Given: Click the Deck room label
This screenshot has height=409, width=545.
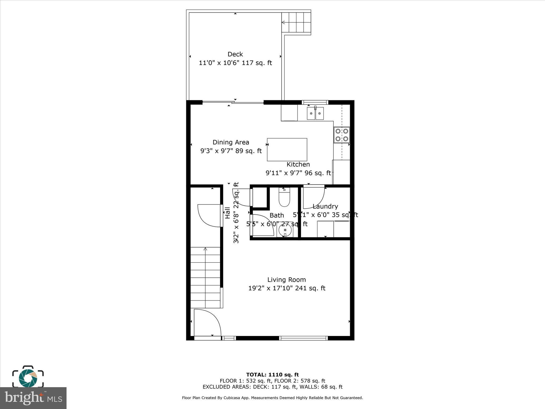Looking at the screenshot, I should [x=235, y=54].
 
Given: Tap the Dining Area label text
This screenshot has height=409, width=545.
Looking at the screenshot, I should [x=231, y=142].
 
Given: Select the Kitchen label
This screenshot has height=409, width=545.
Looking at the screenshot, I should [x=298, y=165].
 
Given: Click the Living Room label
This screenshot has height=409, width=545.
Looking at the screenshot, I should [x=287, y=280].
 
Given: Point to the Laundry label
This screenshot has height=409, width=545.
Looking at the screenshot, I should [x=325, y=206].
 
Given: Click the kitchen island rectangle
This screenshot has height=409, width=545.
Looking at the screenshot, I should [x=287, y=150].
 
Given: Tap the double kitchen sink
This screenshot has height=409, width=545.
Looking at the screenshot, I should [x=315, y=114].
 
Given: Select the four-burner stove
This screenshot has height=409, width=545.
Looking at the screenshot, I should [x=342, y=135].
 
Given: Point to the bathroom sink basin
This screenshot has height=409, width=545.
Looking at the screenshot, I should [x=285, y=230].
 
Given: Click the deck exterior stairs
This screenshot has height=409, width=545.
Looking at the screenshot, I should [x=296, y=22].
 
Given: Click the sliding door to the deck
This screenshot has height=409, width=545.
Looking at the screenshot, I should [x=233, y=102].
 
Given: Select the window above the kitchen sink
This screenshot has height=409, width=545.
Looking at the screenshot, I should [x=315, y=102].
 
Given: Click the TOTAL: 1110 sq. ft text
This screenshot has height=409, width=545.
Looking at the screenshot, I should [x=272, y=375].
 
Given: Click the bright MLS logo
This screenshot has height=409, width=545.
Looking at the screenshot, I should [x=33, y=398].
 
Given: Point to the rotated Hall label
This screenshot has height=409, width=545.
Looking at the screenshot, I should [x=228, y=213].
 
